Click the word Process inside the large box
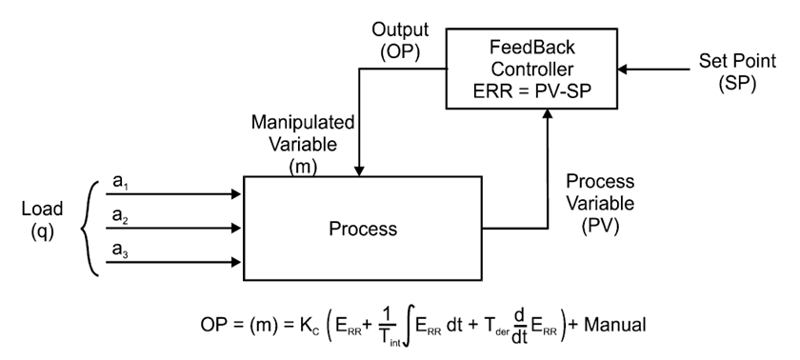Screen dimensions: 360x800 point(362,229)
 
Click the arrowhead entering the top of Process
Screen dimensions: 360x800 point(359,170)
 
